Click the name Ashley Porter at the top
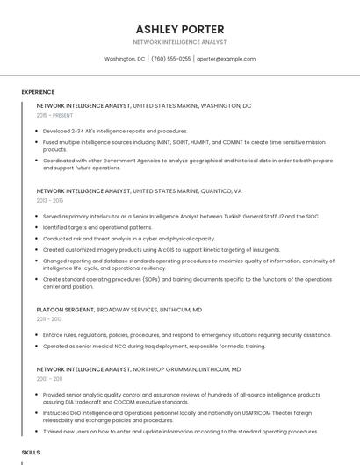(x=179, y=29)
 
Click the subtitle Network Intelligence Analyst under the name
(x=179, y=42)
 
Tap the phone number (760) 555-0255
(x=170, y=59)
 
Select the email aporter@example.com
(x=226, y=59)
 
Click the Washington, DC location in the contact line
(x=125, y=59)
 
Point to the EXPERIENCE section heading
(x=38, y=92)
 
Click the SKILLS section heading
(x=31, y=452)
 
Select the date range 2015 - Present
(x=54, y=115)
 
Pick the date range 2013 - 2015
(x=49, y=201)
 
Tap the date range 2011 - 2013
(x=49, y=319)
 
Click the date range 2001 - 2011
(x=49, y=379)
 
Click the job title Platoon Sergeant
(x=65, y=310)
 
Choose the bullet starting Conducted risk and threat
(x=128, y=238)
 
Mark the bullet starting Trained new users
(x=180, y=432)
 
